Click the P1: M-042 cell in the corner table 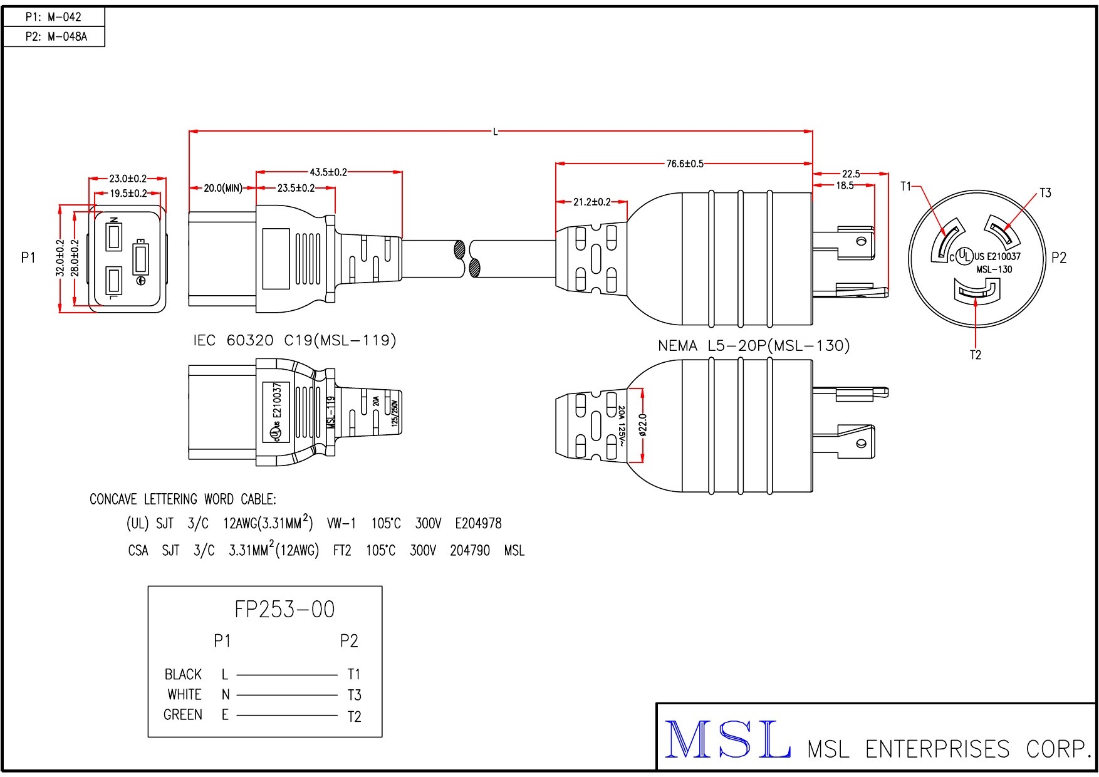tap(53, 17)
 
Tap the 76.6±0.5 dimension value tap(684, 164)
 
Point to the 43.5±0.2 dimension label tap(328, 172)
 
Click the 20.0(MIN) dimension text tap(222, 188)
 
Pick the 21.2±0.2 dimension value tap(591, 202)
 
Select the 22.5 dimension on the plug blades tap(850, 174)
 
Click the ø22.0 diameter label tap(643, 424)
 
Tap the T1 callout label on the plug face tap(906, 186)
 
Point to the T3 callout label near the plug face tap(1045, 193)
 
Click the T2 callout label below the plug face tap(976, 355)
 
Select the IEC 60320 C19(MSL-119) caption tap(294, 340)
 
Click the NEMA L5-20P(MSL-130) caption tap(753, 345)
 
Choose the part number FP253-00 tap(284, 609)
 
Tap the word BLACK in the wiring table tap(183, 674)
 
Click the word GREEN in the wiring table tap(182, 715)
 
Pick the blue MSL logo tap(727, 740)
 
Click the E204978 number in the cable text tap(478, 523)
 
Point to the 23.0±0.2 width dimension tap(128, 179)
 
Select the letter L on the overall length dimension tap(495, 132)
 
